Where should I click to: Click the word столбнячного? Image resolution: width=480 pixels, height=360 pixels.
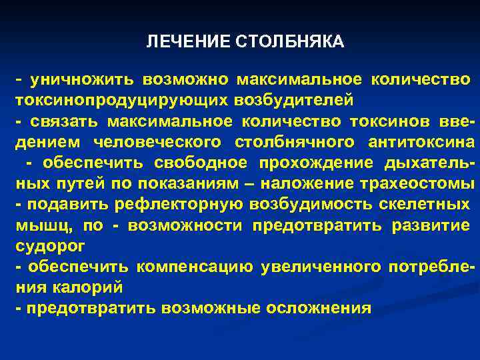pos(294,143)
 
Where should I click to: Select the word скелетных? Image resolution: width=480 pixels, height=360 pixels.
pos(408,205)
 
